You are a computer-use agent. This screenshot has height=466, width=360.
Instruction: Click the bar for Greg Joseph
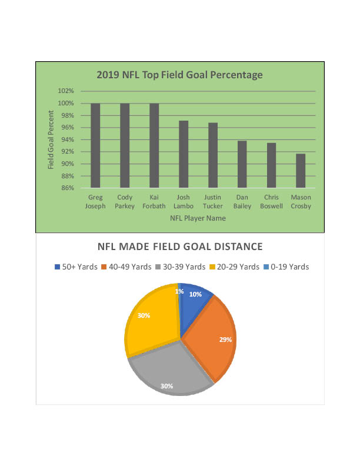click(95, 145)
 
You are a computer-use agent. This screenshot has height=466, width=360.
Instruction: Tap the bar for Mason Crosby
click(301, 171)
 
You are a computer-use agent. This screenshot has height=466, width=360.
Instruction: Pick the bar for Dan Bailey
click(242, 164)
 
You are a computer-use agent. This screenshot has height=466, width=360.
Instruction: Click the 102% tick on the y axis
click(66, 91)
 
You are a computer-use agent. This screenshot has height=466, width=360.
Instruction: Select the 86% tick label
click(67, 188)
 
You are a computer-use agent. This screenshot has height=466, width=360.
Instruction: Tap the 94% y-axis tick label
click(67, 140)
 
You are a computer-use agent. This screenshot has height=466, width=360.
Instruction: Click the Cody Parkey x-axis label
click(125, 202)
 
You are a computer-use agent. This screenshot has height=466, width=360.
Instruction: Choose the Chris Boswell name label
click(271, 202)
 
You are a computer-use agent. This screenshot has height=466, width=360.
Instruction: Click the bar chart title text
click(179, 75)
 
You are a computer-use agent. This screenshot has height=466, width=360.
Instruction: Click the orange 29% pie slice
click(212, 338)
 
